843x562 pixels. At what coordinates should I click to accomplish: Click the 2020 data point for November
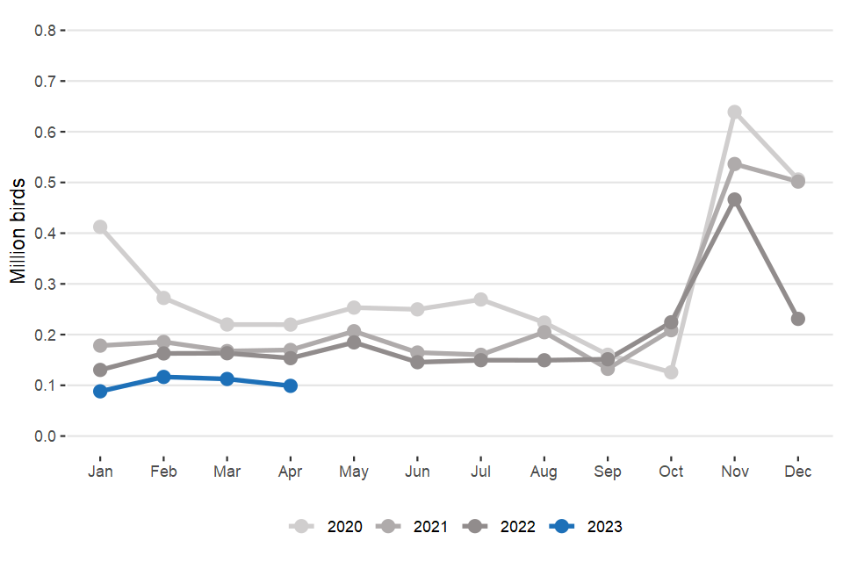point(734,112)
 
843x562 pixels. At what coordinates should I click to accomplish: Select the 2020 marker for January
point(100,227)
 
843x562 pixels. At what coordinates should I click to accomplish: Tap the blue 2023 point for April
point(291,385)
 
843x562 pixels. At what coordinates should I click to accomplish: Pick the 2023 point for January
point(100,391)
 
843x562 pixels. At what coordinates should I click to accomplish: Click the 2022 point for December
point(798,319)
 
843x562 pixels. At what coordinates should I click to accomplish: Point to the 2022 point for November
point(734,199)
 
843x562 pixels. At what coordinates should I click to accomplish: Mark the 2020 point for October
point(671,372)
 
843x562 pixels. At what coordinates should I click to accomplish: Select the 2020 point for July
point(481,299)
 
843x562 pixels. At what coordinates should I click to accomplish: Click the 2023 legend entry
point(588,527)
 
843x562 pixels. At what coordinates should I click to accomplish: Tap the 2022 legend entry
point(500,527)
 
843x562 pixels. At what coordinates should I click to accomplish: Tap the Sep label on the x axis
point(608,472)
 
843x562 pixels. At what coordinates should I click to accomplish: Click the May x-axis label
point(354,472)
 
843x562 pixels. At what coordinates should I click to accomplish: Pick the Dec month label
point(798,472)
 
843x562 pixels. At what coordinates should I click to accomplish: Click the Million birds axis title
point(18,232)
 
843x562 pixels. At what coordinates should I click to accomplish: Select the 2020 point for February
point(163,299)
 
